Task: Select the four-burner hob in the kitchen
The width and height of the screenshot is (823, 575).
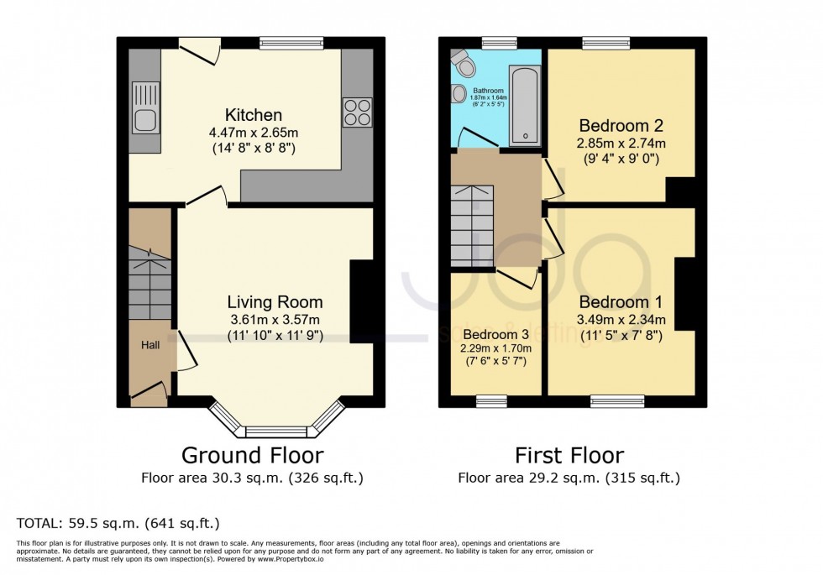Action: [356, 112]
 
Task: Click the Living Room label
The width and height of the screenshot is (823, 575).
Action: [275, 302]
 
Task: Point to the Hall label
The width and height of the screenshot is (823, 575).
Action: [149, 345]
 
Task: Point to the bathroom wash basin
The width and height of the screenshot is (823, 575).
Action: [459, 95]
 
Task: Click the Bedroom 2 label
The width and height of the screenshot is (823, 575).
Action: [621, 126]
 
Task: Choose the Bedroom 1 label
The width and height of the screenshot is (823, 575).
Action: [621, 302]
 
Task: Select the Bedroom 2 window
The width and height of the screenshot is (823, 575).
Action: [605, 42]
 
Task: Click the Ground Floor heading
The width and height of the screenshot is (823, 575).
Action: [253, 456]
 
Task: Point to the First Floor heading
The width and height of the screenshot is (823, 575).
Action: [569, 456]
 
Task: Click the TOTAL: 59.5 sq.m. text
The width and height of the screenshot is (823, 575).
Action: [118, 523]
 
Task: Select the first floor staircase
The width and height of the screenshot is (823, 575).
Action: [473, 224]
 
